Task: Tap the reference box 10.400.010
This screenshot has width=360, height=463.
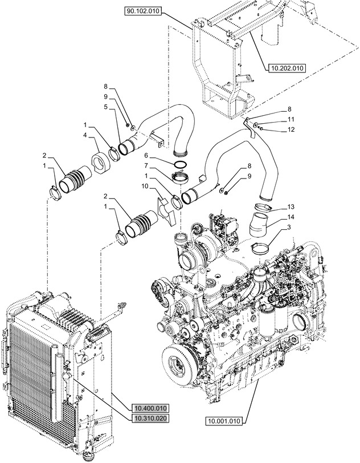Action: (152, 408)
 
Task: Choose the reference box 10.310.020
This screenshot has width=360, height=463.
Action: (152, 418)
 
